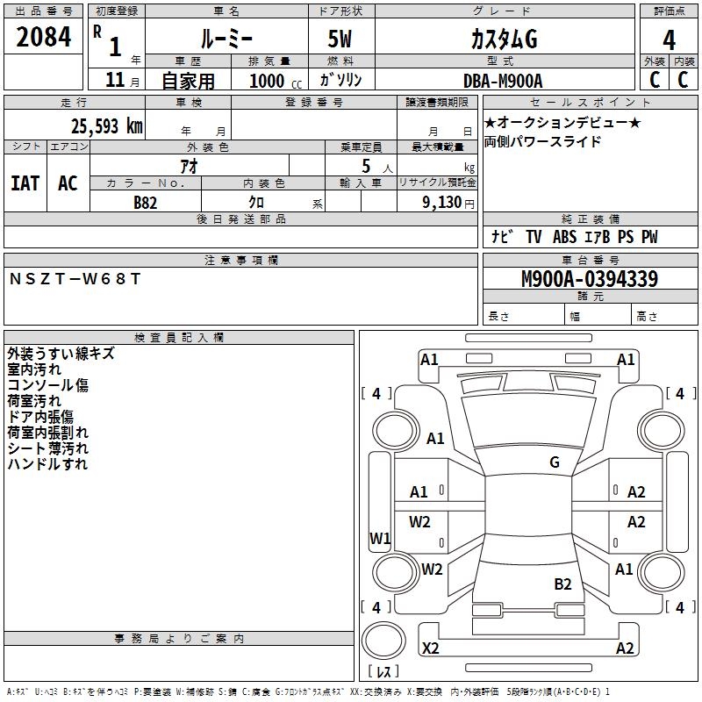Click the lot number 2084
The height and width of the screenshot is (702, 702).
44,37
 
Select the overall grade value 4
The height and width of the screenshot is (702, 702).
670,39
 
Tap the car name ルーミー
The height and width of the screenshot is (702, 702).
226,39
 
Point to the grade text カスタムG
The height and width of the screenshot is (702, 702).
503,39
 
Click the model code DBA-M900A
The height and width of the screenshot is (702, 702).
503,81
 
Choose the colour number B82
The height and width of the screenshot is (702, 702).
146,202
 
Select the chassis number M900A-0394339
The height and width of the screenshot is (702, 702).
589,279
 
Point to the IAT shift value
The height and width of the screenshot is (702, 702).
25,183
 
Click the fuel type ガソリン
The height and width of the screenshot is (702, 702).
341,81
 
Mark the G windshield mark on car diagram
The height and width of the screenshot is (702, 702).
555,462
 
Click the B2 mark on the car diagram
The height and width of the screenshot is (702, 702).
562,584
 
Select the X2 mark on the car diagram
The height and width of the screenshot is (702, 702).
431,648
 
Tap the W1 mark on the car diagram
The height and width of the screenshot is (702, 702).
380,538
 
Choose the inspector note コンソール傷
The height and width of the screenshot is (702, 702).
47,385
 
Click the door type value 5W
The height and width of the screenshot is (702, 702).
340,39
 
